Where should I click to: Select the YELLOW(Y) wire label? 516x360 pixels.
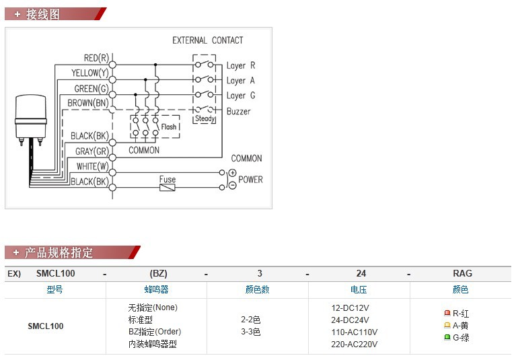click(x=89, y=73)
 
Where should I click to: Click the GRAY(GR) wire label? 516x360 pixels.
click(x=91, y=152)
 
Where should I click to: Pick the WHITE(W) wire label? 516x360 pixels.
click(x=93, y=166)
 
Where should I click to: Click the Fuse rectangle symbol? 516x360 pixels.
click(x=168, y=187)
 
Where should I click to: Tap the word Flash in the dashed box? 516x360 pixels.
click(x=169, y=127)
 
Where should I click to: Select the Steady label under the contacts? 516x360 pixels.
click(x=205, y=119)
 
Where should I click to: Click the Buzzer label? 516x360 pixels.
click(x=238, y=111)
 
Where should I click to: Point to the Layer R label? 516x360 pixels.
click(x=241, y=66)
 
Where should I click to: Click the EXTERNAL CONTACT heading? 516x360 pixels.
click(x=208, y=40)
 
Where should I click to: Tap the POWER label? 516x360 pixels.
click(x=250, y=180)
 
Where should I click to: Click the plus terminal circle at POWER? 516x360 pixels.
click(x=223, y=173)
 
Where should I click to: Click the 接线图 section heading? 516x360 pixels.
click(x=42, y=14)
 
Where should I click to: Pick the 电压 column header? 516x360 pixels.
click(x=359, y=290)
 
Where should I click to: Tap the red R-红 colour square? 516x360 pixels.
click(x=447, y=313)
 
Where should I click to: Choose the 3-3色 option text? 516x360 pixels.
click(x=250, y=332)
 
